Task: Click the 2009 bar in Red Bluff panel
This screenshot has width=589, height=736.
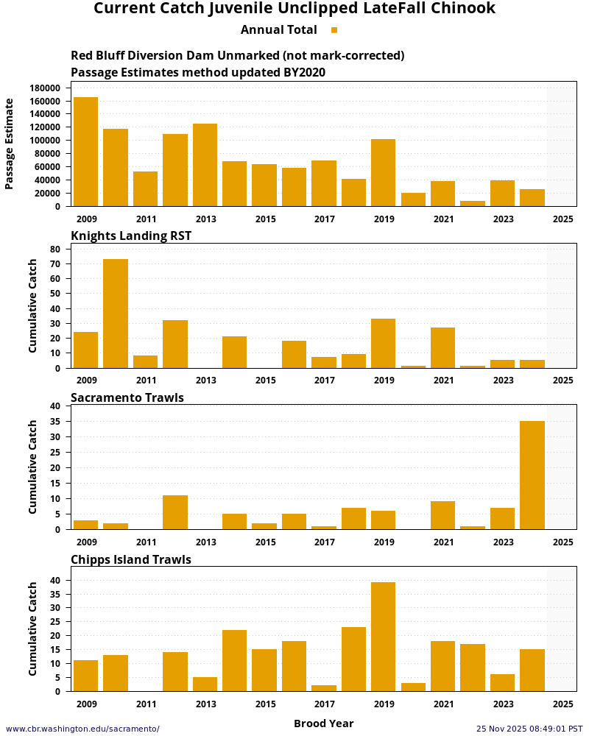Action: (85, 152)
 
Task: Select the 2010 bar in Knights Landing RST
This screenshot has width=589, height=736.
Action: (116, 314)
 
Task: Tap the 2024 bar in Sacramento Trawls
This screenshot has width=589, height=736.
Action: (532, 475)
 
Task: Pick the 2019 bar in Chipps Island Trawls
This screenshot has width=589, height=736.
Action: (383, 637)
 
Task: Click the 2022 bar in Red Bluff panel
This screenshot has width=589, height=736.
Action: (473, 203)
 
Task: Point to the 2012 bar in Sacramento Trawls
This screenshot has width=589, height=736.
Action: (175, 512)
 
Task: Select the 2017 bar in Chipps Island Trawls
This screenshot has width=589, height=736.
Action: (324, 688)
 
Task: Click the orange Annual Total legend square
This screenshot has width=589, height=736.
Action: (334, 30)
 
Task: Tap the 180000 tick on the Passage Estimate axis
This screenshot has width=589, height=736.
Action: (45, 88)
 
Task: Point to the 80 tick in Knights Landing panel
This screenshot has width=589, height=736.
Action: (55, 249)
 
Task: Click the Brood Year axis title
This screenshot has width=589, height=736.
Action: (323, 723)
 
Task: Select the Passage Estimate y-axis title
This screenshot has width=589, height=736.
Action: (10, 144)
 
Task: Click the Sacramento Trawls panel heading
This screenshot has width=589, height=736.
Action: (127, 397)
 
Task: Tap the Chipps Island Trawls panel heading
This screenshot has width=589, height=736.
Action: (131, 559)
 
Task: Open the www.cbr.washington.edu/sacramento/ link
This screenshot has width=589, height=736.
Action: (82, 729)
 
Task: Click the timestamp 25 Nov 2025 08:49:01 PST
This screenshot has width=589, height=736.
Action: (529, 729)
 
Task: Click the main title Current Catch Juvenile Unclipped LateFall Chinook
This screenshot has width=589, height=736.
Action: (294, 9)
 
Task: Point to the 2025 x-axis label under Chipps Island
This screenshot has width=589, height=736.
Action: (562, 704)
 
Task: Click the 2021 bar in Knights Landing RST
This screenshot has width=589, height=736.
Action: (442, 347)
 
